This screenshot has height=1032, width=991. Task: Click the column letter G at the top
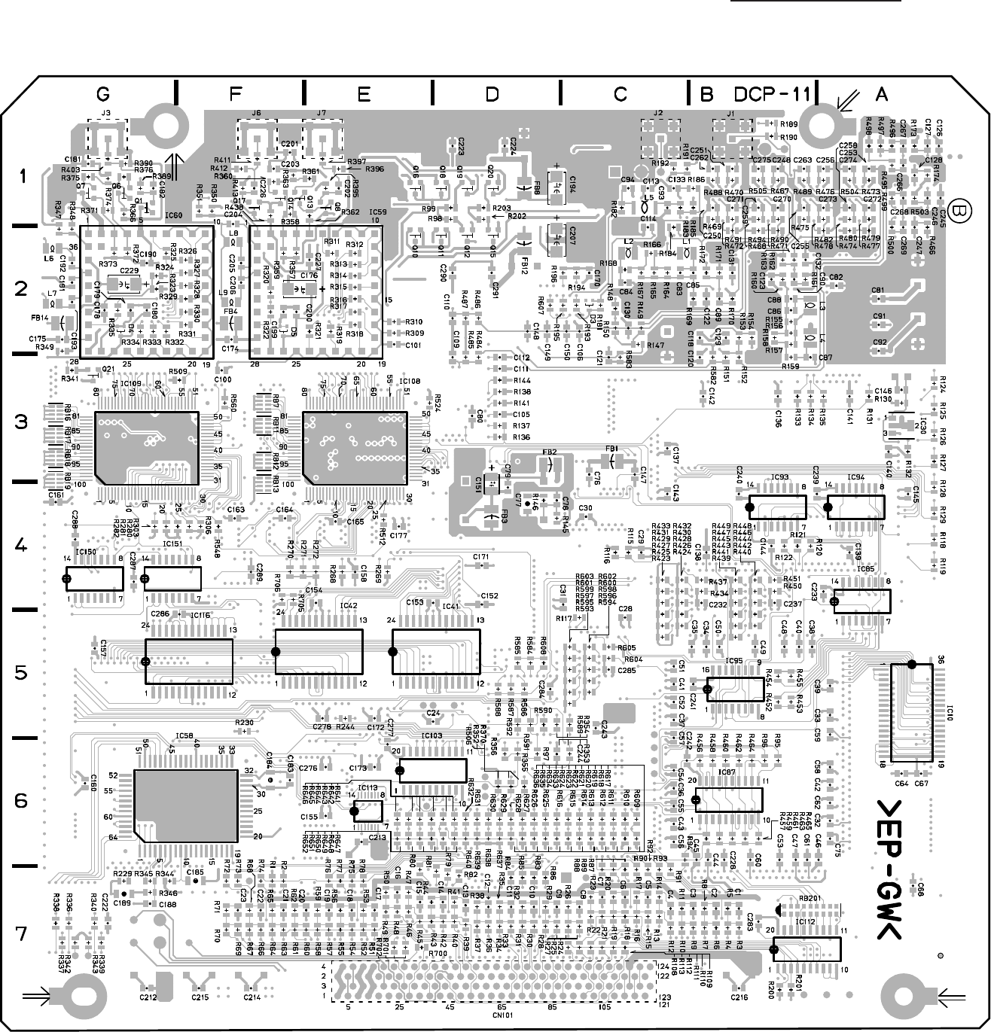click(103, 94)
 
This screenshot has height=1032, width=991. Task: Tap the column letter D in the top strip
click(492, 94)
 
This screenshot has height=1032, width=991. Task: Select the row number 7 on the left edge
click(22, 933)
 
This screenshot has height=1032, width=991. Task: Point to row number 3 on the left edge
click(22, 422)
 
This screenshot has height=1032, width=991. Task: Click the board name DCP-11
click(773, 94)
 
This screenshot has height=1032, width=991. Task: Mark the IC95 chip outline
click(733, 689)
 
